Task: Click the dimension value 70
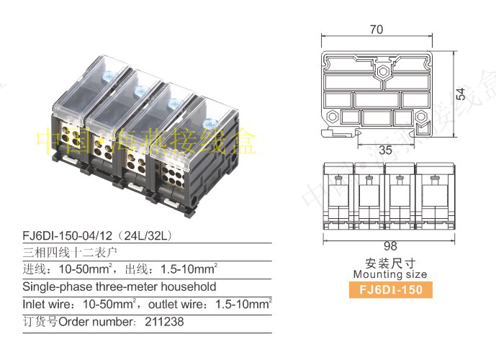coord(376,30)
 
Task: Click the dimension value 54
coord(461,94)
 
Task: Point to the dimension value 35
coord(385,150)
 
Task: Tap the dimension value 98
coord(390,246)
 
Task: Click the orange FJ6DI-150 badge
coord(391,289)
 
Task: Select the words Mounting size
coord(390,274)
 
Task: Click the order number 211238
coord(164,322)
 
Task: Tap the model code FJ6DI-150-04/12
coord(68,235)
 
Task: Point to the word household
coord(189,287)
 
